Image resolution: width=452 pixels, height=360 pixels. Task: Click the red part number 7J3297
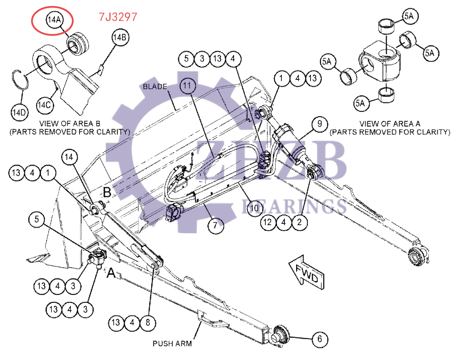point(118,17)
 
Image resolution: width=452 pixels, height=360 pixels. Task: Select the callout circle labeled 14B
point(120,37)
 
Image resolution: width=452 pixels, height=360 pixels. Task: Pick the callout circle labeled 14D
point(19,113)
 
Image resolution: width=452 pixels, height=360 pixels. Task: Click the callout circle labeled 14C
point(45,105)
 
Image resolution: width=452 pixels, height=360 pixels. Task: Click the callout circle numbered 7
point(215,225)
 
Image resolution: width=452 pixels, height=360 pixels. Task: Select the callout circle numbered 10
point(255,208)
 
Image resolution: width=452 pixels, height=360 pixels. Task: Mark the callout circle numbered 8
point(148,322)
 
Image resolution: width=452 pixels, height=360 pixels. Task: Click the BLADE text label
point(155,87)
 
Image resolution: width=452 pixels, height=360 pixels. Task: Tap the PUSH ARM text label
point(172,344)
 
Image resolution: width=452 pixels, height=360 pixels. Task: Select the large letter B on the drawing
point(107,192)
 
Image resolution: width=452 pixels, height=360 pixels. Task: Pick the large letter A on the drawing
point(111,273)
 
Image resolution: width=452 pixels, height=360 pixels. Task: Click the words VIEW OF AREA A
point(389,124)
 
